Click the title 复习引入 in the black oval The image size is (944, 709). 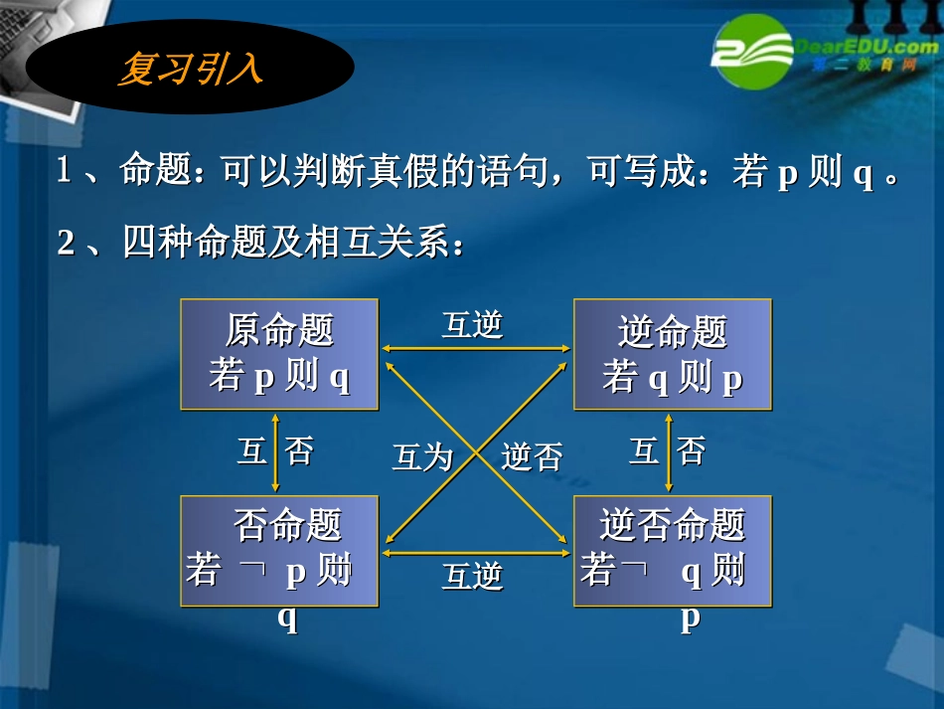click(x=190, y=68)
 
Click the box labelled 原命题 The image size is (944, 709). click(x=279, y=354)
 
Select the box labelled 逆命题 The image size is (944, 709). click(x=673, y=354)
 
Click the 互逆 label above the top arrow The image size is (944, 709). click(x=472, y=325)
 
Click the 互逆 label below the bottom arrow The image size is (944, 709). click(x=472, y=576)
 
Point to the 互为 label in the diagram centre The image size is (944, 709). click(x=422, y=457)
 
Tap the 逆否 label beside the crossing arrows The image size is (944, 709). click(x=532, y=457)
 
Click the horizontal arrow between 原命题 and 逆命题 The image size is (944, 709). click(x=476, y=349)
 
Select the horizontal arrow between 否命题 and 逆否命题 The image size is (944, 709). click(x=476, y=552)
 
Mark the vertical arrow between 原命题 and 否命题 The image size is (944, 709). click(x=275, y=452)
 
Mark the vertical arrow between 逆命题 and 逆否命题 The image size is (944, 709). click(x=669, y=452)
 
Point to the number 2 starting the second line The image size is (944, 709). click(x=66, y=243)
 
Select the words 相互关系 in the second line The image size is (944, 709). click(x=377, y=243)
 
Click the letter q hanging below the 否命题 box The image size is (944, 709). click(x=287, y=619)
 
